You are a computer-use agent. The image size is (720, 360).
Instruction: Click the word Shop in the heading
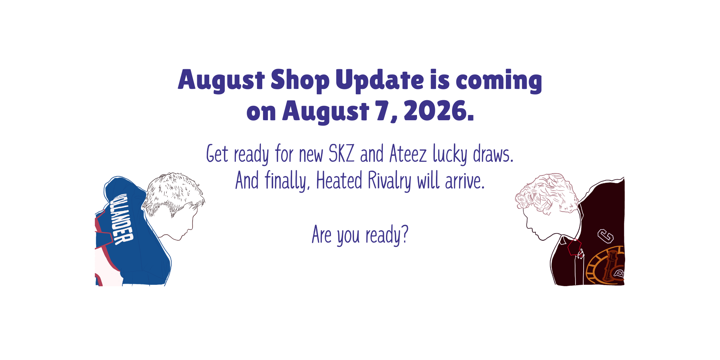300,81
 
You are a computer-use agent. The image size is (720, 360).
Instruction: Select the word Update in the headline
380,81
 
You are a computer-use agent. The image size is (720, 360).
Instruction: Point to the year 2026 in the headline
439,111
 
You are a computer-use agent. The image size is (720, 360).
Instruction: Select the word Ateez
408,154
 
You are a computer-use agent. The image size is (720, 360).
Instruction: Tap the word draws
493,154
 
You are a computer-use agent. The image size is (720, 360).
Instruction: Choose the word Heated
339,180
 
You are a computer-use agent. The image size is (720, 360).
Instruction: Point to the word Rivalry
390,181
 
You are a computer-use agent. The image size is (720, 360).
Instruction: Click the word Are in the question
322,235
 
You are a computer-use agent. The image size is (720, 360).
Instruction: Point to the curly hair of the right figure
546,193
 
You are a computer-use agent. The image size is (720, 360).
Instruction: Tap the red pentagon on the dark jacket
574,247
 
